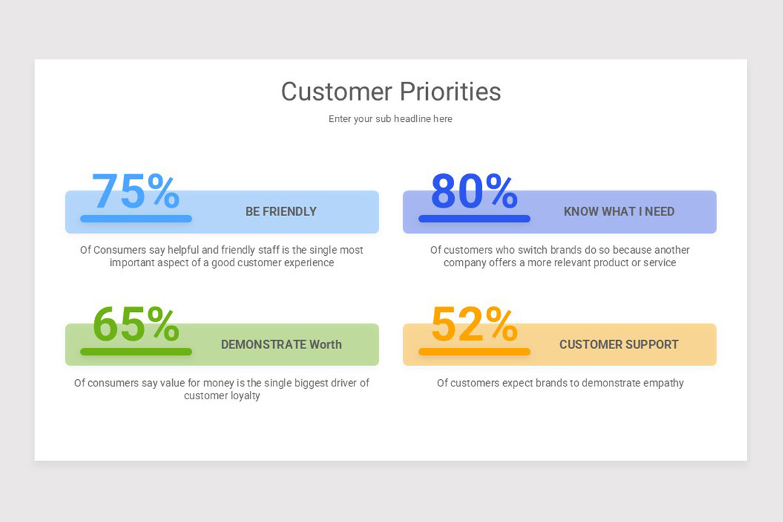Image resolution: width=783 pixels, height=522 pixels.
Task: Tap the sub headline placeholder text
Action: [x=390, y=119]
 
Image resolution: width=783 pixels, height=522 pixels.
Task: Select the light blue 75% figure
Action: [x=136, y=191]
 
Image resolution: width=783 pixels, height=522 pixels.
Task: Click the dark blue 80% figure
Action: [x=474, y=191]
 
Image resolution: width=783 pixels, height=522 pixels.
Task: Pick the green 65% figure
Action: [x=136, y=324]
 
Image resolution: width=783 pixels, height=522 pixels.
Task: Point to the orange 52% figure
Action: [x=474, y=324]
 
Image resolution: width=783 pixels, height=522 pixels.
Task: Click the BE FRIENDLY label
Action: [x=281, y=211]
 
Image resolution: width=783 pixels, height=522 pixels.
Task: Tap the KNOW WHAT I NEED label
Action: [x=619, y=211]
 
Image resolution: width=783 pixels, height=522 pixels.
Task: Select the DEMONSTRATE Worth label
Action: [x=281, y=345]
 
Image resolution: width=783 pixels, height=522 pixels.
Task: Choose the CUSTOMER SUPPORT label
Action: [x=619, y=345]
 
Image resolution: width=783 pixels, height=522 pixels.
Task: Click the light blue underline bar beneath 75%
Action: [x=136, y=219]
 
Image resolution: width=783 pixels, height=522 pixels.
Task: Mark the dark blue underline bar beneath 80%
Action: [x=474, y=219]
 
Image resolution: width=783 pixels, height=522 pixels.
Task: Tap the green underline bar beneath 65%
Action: [x=136, y=352]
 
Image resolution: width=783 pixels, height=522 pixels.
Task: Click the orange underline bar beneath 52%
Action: [x=474, y=352]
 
